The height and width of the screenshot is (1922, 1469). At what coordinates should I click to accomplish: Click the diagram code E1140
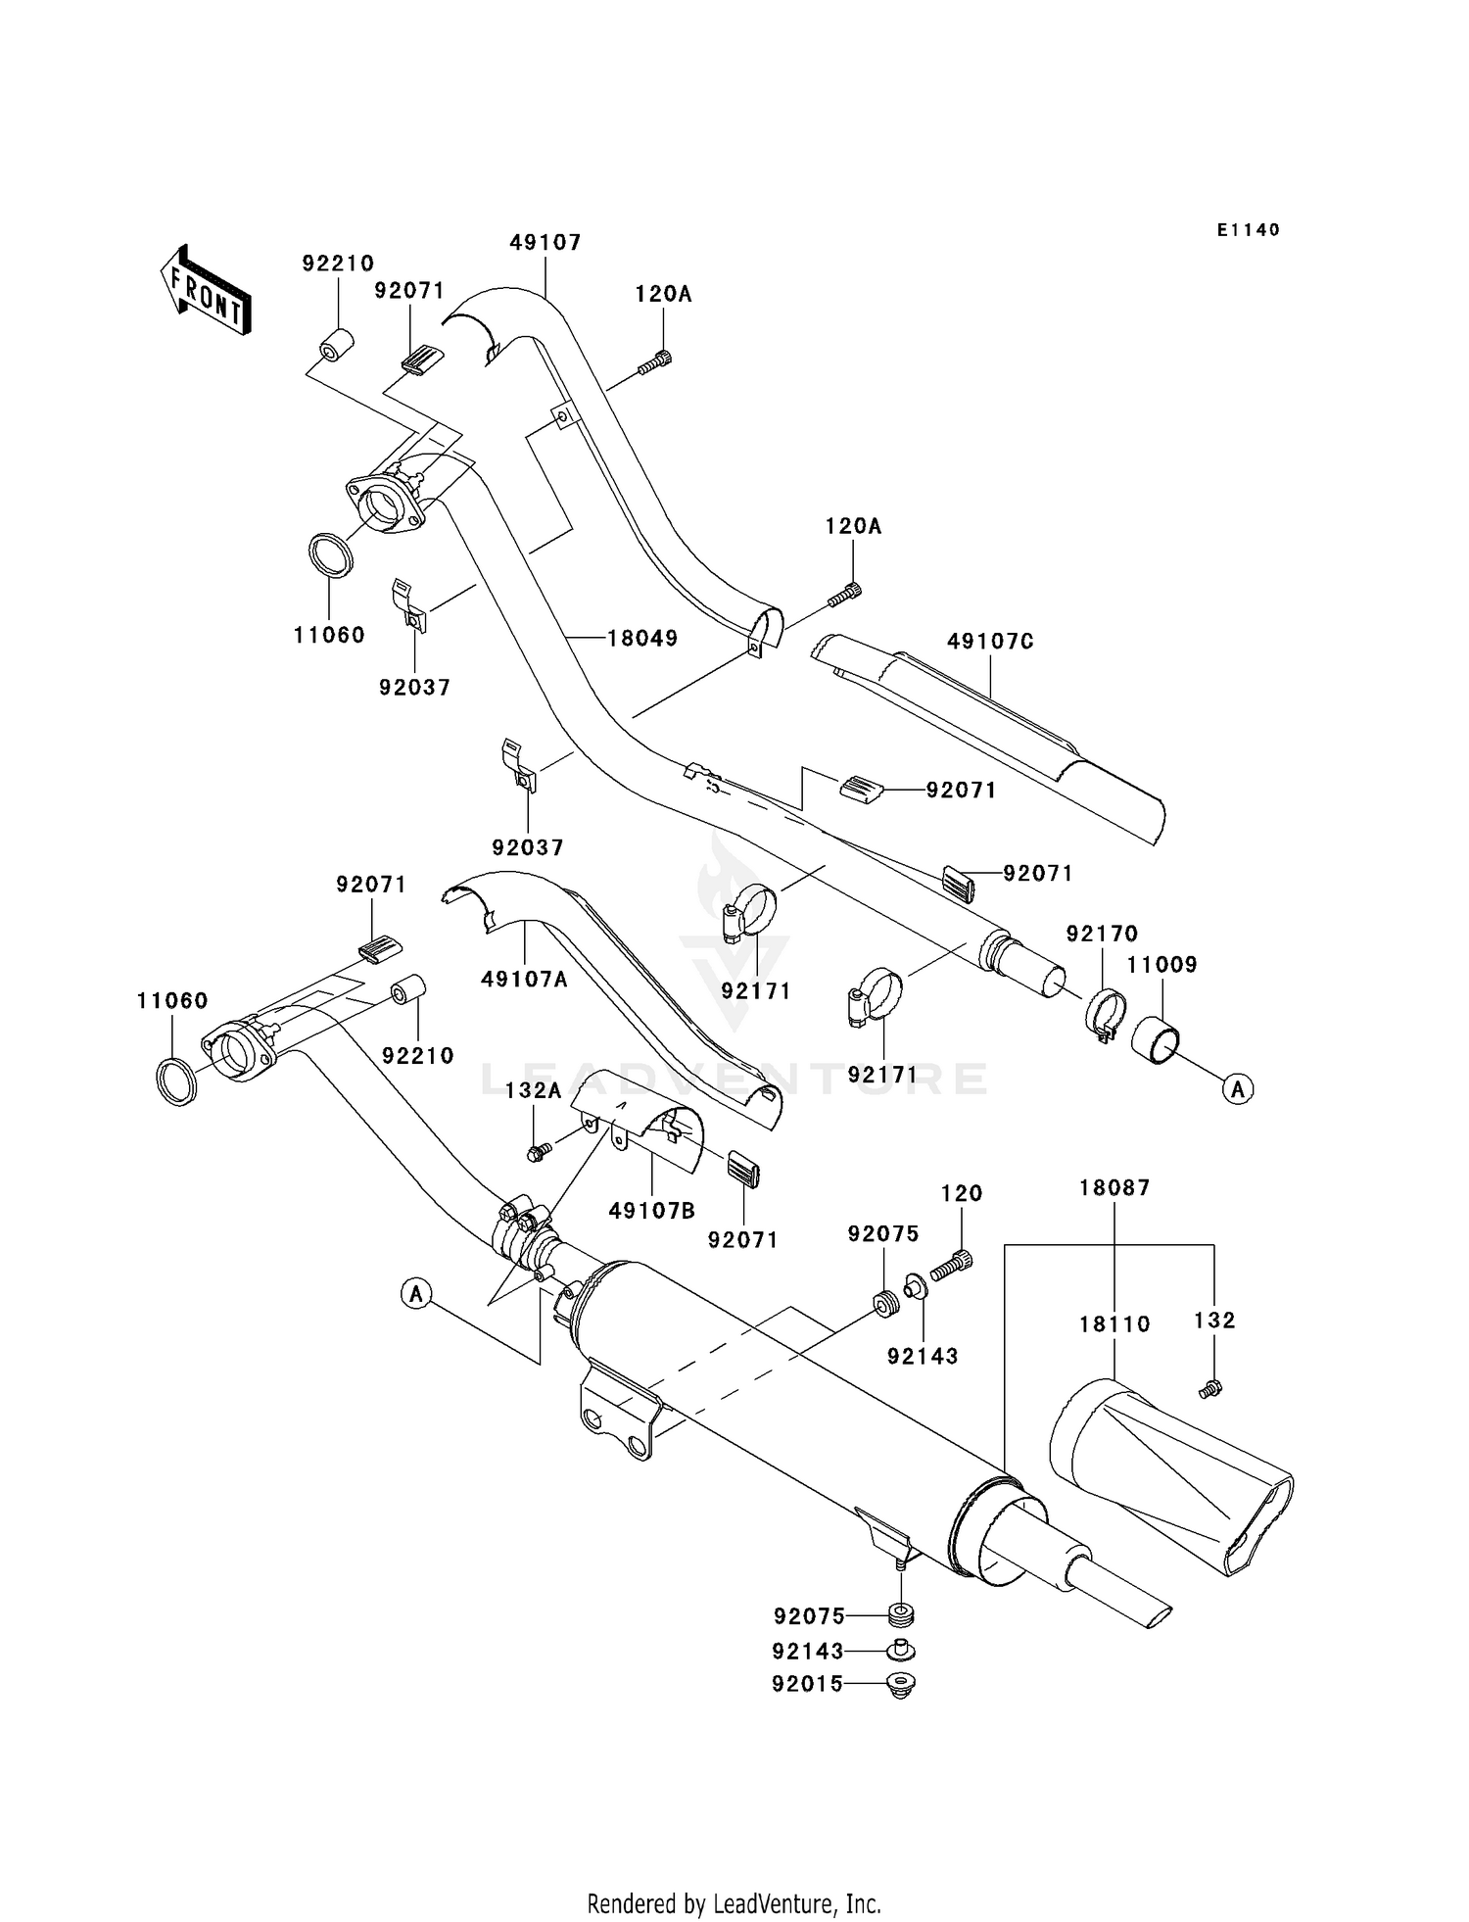pyautogui.click(x=1248, y=230)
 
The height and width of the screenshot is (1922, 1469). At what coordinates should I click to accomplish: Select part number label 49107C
pyautogui.click(x=990, y=642)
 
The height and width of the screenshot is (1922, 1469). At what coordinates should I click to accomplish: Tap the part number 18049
pyautogui.click(x=642, y=638)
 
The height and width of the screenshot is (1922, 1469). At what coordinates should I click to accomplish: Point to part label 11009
pyautogui.click(x=1161, y=965)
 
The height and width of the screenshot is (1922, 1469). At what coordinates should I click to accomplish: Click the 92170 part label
pyautogui.click(x=1102, y=934)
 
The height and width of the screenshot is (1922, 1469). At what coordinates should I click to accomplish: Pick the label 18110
pyautogui.click(x=1114, y=1324)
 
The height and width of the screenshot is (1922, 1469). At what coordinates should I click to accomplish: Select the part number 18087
pyautogui.click(x=1114, y=1188)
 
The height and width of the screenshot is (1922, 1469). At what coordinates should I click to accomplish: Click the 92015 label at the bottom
pyautogui.click(x=807, y=1685)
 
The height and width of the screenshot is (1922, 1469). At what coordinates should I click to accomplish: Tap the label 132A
pyautogui.click(x=533, y=1091)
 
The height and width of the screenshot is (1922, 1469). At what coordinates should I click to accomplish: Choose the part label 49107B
pyautogui.click(x=651, y=1211)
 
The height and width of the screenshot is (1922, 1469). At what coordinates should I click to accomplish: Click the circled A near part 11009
pyautogui.click(x=1238, y=1087)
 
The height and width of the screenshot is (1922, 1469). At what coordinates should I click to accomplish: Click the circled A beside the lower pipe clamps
pyautogui.click(x=417, y=1293)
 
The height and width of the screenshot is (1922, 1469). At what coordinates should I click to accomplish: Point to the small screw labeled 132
pyautogui.click(x=1209, y=1388)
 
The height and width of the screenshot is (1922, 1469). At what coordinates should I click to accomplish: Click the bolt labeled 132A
pyautogui.click(x=538, y=1152)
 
